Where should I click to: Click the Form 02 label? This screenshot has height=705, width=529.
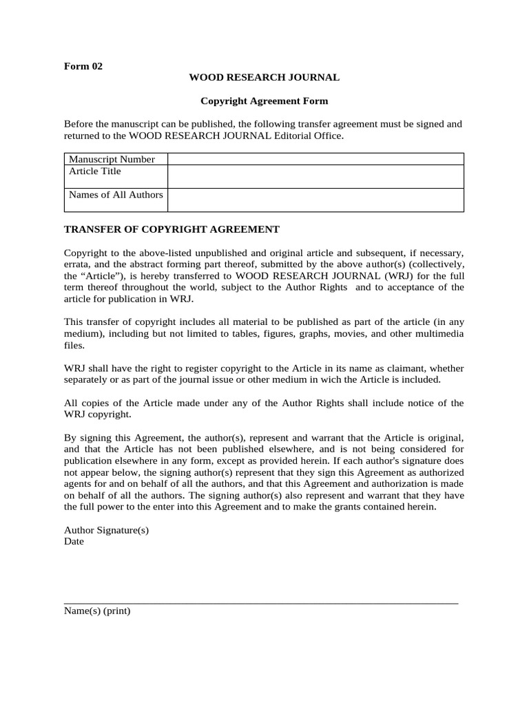click(83, 67)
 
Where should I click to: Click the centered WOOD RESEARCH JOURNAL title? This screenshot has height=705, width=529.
click(264, 78)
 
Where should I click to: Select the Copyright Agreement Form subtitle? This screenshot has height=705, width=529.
click(264, 101)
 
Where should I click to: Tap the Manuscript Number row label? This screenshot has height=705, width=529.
click(112, 159)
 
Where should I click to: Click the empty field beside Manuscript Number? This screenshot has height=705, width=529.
click(315, 159)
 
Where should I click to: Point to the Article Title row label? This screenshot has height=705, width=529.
click(95, 171)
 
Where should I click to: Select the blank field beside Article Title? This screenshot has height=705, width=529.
click(315, 176)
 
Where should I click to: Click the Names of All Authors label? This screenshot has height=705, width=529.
click(116, 195)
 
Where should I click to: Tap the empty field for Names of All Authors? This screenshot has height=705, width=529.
click(315, 200)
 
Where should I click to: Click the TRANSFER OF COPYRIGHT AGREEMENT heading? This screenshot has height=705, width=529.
click(172, 229)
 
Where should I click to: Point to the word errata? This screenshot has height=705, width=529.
click(77, 264)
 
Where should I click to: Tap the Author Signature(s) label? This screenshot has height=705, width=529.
click(106, 530)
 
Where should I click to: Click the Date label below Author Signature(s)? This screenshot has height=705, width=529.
click(74, 541)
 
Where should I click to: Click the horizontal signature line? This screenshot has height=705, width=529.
click(261, 603)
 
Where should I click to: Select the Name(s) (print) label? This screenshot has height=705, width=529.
click(97, 611)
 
